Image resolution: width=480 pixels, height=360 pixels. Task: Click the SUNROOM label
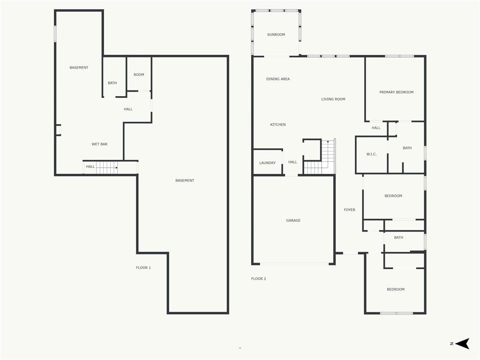click(276, 35)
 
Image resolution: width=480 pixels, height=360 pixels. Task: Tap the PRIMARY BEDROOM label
click(397, 92)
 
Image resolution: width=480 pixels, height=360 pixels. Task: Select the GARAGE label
click(293, 220)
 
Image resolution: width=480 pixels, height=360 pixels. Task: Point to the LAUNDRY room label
click(267, 163)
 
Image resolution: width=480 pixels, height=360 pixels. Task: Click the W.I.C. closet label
click(371, 154)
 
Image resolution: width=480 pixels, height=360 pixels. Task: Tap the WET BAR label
click(99, 144)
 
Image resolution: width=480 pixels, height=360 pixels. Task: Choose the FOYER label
click(349, 210)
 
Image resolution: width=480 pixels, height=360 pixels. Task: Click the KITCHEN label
click(277, 125)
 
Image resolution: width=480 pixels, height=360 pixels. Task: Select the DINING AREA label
click(277, 79)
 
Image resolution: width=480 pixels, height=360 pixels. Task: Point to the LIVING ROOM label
click(333, 99)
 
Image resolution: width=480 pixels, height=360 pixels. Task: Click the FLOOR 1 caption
click(143, 268)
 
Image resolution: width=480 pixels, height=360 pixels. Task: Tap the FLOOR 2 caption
click(258, 278)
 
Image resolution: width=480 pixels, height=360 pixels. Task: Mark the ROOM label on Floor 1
click(139, 75)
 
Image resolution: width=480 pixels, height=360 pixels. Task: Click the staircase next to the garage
click(320, 157)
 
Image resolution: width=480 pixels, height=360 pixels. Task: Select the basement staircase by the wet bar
click(107, 167)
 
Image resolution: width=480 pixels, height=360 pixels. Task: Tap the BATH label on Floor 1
click(112, 83)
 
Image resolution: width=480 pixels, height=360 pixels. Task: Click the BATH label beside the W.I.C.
click(407, 148)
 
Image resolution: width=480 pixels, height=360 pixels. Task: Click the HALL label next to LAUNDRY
click(292, 162)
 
